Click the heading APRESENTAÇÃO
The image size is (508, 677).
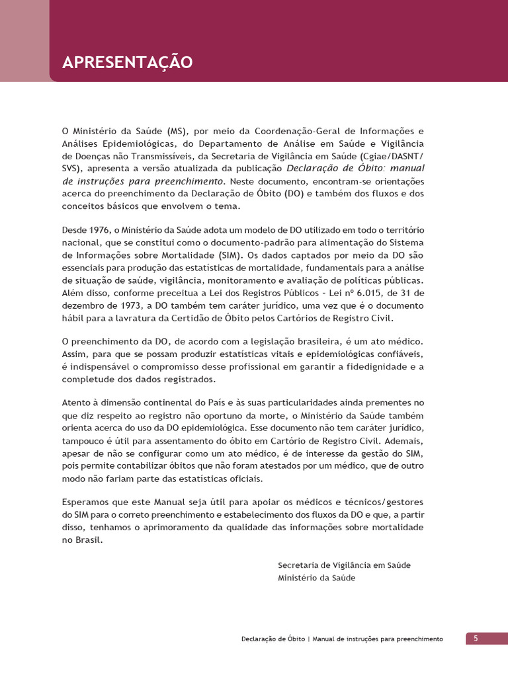coord(127,63)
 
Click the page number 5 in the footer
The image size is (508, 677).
coord(475,638)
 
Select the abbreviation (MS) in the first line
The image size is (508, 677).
coord(177,131)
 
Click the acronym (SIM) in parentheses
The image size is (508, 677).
coord(230,255)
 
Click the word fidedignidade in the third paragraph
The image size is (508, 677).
coord(370,366)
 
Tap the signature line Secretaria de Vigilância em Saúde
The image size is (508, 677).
coord(344,565)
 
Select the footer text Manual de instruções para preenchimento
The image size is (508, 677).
coord(377,639)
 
